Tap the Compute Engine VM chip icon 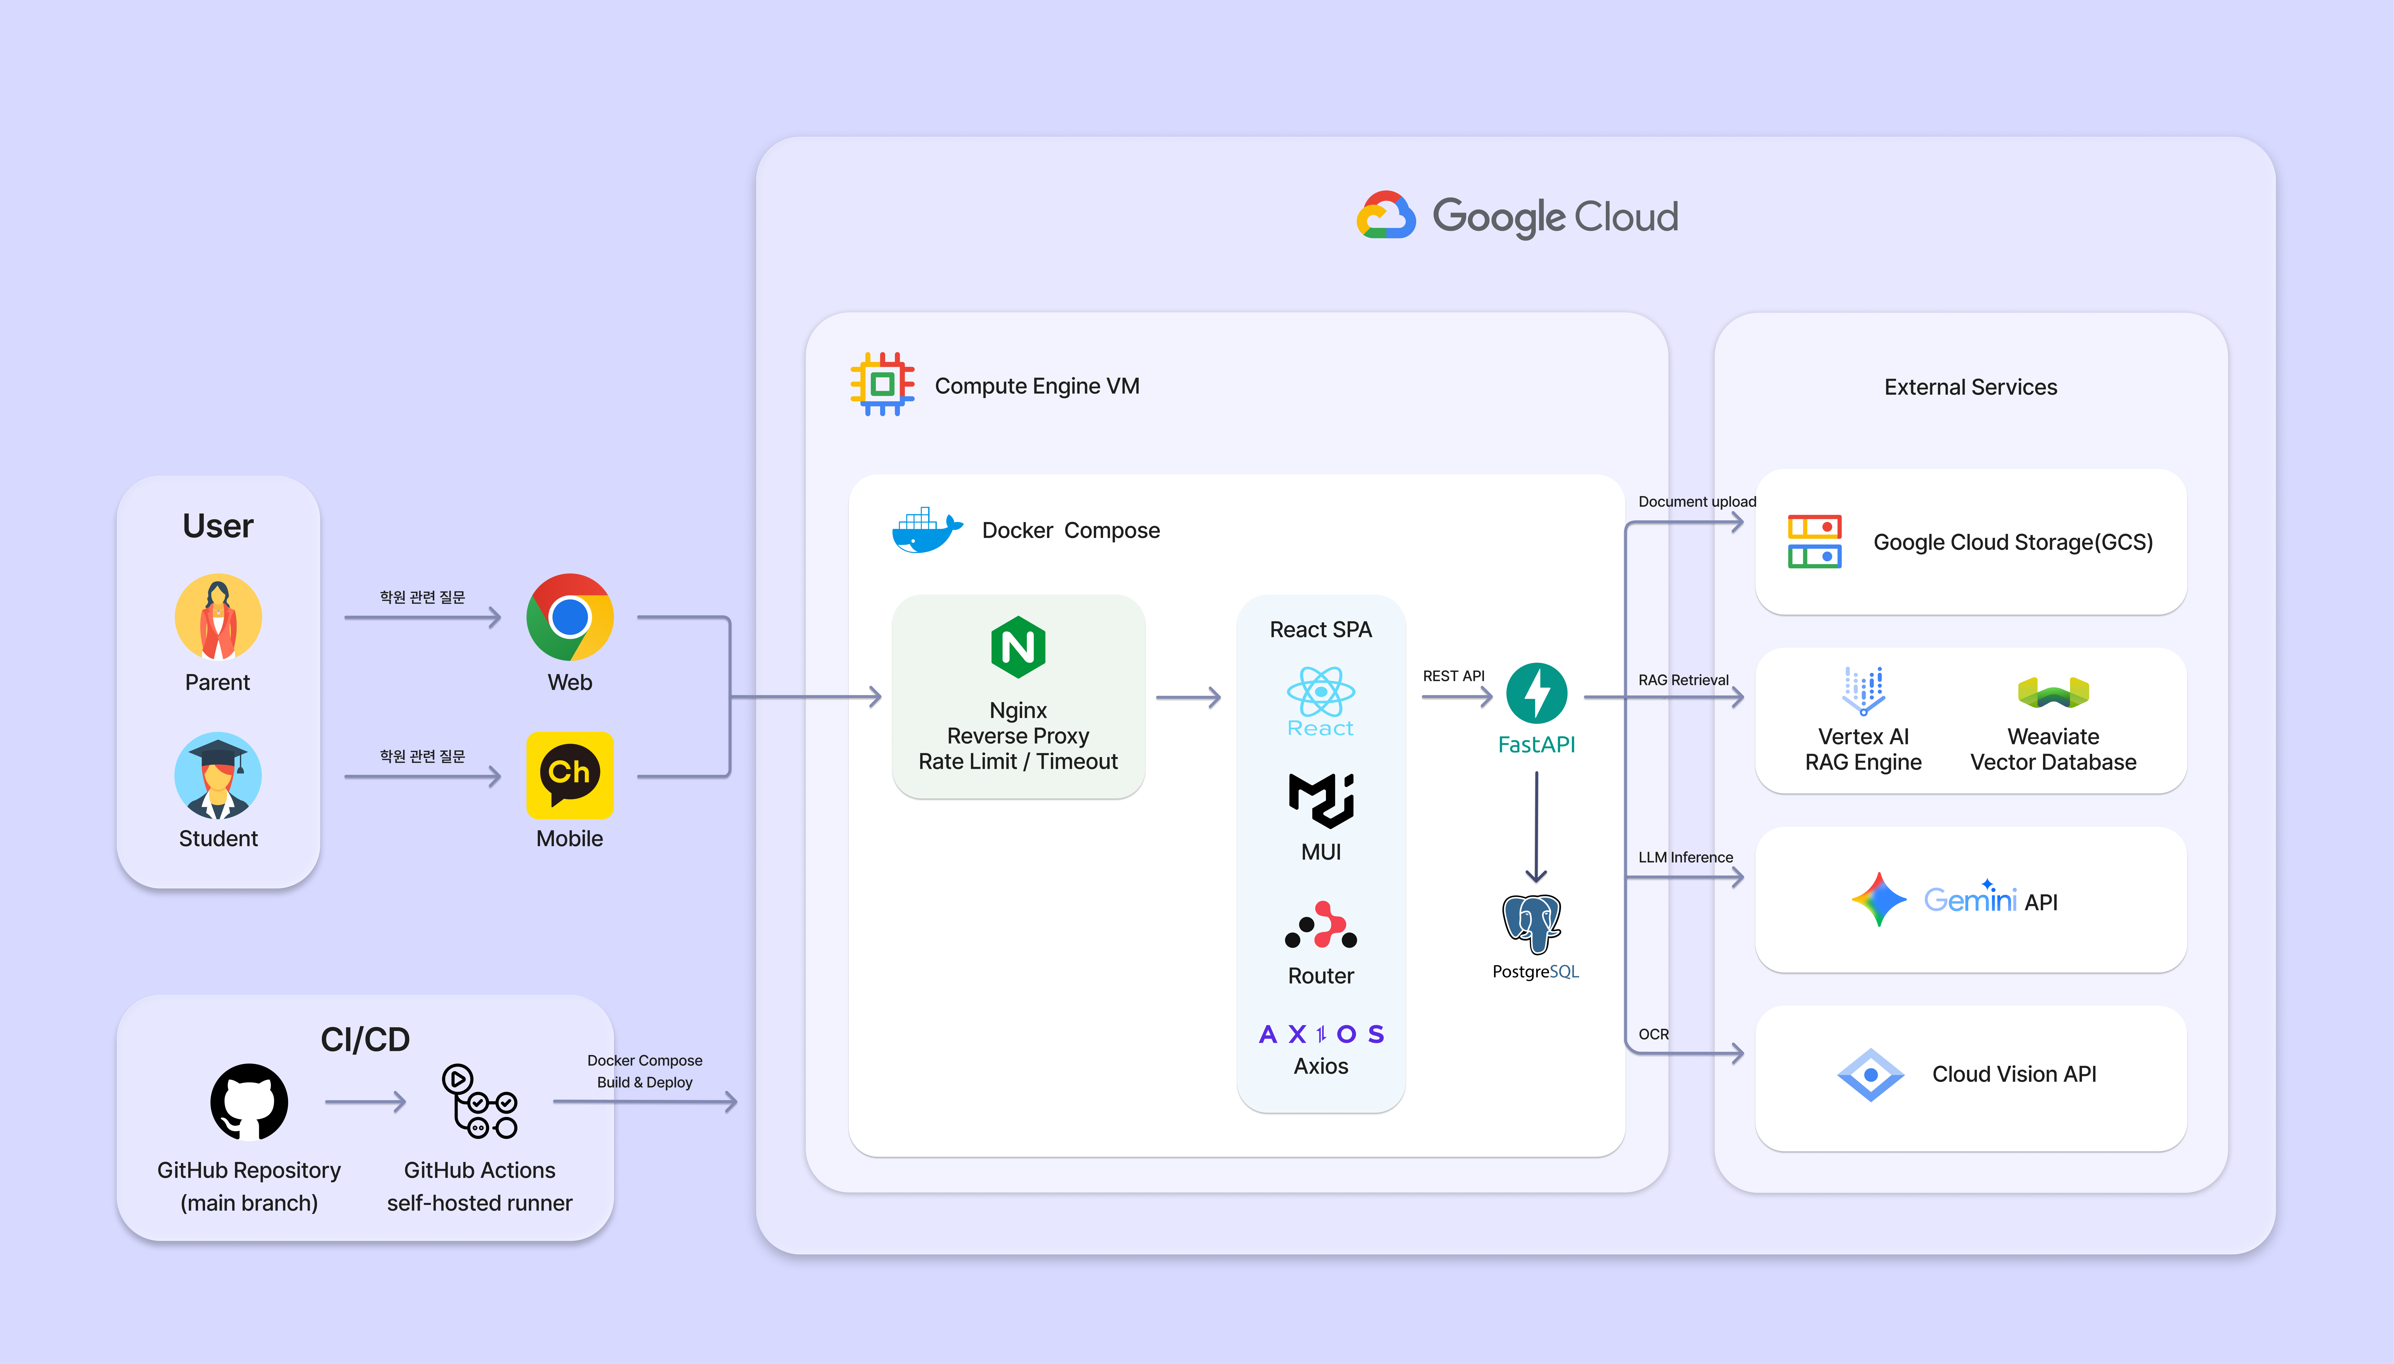pyautogui.click(x=881, y=384)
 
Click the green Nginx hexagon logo pyautogui.click(x=1018, y=646)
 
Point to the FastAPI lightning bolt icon pyautogui.click(x=1536, y=693)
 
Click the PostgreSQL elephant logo pyautogui.click(x=1532, y=924)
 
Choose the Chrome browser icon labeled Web pyautogui.click(x=569, y=617)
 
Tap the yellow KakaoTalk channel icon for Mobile pyautogui.click(x=569, y=775)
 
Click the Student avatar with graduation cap pyautogui.click(x=218, y=775)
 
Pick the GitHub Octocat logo pyautogui.click(x=249, y=1102)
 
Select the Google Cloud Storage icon pyautogui.click(x=1814, y=541)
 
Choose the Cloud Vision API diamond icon pyautogui.click(x=1870, y=1074)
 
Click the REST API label pyautogui.click(x=1454, y=676)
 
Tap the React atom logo pyautogui.click(x=1321, y=691)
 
